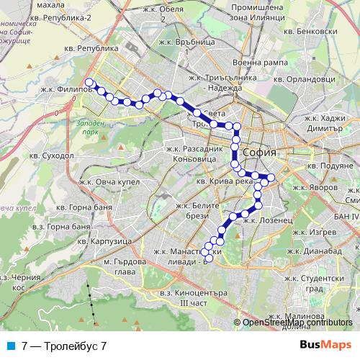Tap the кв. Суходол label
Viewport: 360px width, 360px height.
point(50,154)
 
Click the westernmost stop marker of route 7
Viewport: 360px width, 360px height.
point(89,82)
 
